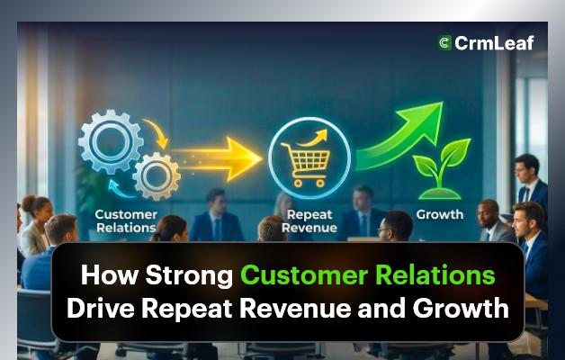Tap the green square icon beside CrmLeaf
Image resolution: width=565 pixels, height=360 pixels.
(x=444, y=41)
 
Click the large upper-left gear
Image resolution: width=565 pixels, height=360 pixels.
(x=111, y=141)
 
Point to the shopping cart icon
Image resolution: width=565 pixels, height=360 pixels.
(x=304, y=161)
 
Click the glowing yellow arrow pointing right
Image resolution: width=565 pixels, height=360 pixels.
(x=220, y=159)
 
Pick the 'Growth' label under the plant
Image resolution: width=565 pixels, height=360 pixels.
(x=440, y=215)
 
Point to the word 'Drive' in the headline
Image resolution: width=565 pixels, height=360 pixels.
(x=105, y=308)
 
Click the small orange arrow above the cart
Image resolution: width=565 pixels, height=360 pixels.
(x=316, y=138)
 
